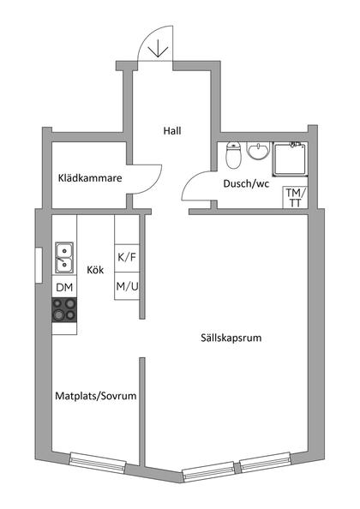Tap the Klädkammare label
(90, 178)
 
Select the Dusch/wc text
(246, 183)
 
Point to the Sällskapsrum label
(225, 338)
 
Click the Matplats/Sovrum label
(96, 397)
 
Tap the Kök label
(95, 269)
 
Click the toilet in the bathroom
(231, 156)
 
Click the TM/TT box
(294, 198)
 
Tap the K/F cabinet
(126, 257)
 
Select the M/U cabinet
(126, 285)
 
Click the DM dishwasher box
(65, 287)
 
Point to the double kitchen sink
(65, 254)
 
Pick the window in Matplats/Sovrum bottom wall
(98, 460)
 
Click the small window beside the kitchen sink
(38, 262)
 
